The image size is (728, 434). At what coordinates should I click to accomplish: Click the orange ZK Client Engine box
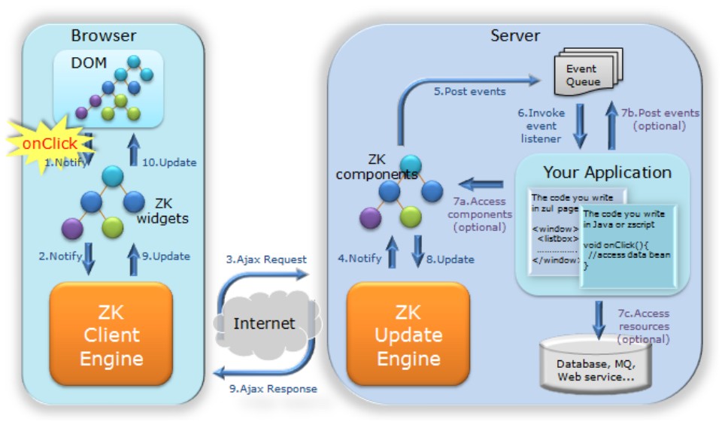[x=111, y=335]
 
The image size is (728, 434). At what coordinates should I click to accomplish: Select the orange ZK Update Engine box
[x=408, y=335]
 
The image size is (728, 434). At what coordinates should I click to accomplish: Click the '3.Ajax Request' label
[x=266, y=259]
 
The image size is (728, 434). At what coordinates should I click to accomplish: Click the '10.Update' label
[x=171, y=162]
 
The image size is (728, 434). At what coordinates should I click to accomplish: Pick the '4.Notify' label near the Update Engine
[x=359, y=258]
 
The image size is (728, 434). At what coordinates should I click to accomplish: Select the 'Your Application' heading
[x=607, y=172]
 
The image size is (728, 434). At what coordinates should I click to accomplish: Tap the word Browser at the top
[x=103, y=35]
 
